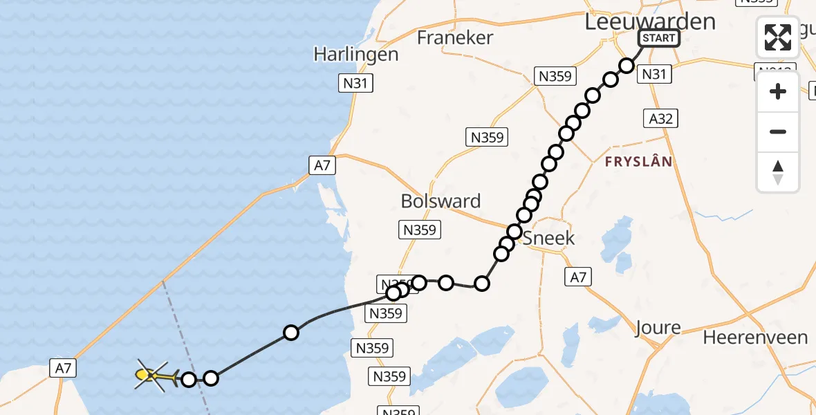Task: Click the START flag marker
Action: (658, 38)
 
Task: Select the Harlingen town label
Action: (356, 54)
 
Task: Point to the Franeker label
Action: (455, 37)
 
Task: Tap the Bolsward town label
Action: (441, 201)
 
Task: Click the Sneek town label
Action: (548, 239)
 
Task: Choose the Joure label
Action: (658, 327)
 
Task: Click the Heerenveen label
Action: (755, 338)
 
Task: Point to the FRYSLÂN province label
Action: (638, 162)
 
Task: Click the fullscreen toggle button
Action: (778, 37)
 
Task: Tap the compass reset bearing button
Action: (778, 172)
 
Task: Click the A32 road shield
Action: (661, 118)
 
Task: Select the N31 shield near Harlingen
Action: (356, 84)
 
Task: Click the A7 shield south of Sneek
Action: (578, 277)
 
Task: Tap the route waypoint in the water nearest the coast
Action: (291, 333)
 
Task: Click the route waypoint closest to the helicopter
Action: (189, 378)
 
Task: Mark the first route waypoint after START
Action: (627, 66)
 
